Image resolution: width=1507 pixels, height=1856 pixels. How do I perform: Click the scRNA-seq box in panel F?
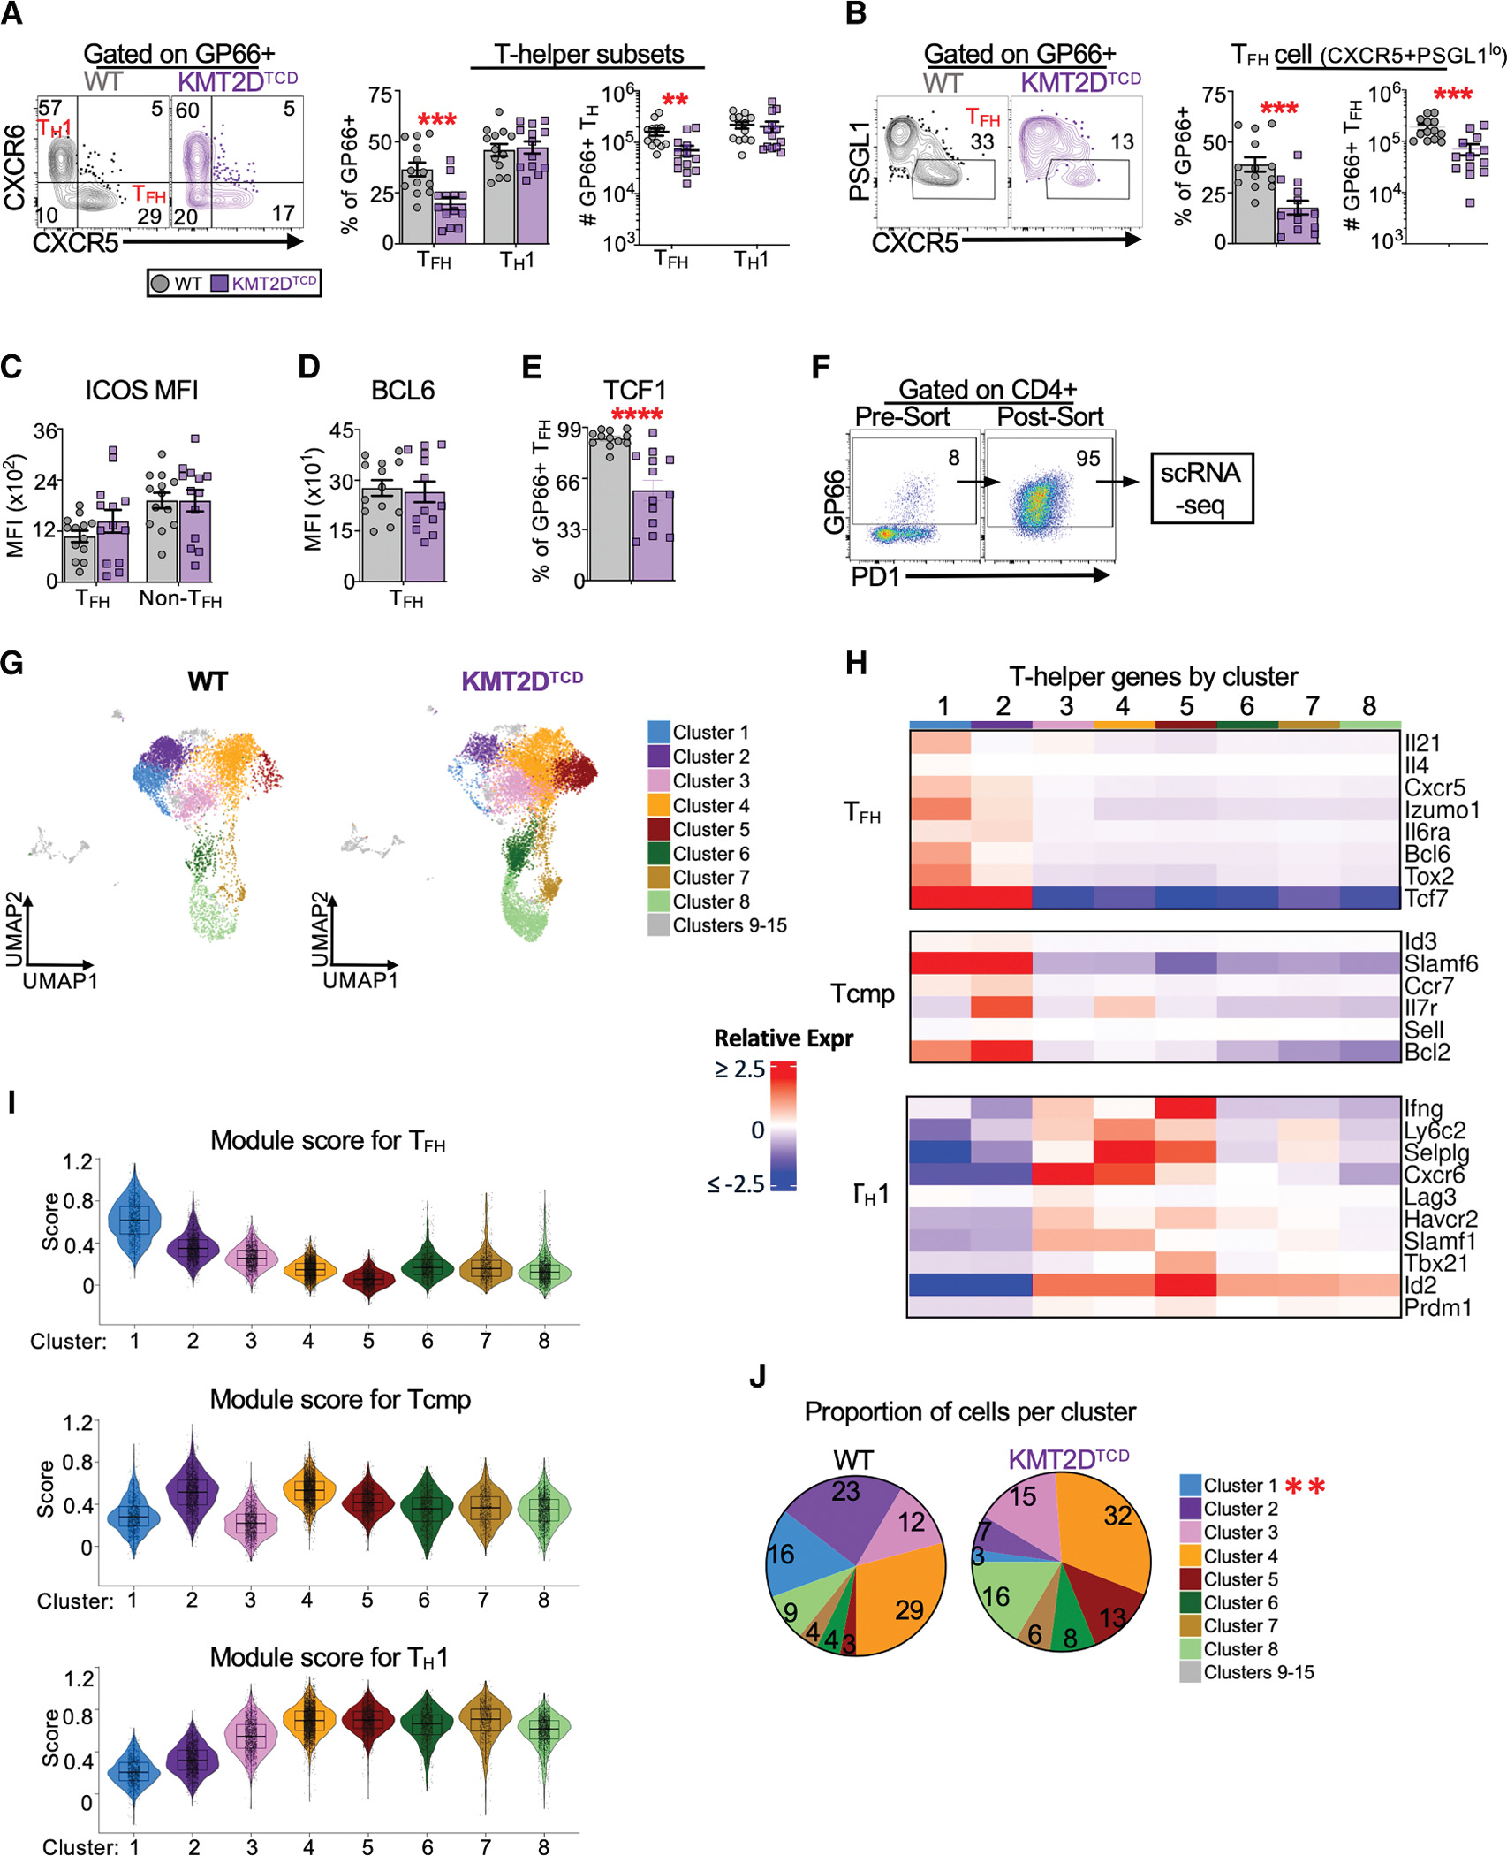1200,488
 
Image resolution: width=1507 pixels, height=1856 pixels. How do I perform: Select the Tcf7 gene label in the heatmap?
1426,898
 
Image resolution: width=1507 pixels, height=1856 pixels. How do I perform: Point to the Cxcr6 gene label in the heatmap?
1435,1175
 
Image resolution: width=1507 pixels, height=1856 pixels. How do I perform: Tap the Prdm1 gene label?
1438,1307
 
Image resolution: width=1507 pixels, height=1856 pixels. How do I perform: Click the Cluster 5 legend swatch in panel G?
658,829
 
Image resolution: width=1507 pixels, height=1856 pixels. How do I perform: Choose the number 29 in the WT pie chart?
909,1609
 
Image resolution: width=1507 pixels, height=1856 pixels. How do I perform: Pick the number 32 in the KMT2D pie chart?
1117,1516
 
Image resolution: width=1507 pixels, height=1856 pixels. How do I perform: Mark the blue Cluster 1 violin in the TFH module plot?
134,1220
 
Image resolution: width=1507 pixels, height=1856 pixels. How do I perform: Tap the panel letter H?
855,663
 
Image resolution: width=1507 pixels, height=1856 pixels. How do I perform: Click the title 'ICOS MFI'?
141,390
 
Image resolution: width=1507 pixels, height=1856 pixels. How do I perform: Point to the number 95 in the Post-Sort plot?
1087,458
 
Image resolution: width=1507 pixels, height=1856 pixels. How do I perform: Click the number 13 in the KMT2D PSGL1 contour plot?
1122,142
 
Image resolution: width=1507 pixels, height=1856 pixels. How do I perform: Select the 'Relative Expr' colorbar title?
783,1038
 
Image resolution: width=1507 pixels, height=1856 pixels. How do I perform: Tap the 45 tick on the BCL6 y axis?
341,430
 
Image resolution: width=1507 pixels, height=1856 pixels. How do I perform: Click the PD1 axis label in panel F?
875,576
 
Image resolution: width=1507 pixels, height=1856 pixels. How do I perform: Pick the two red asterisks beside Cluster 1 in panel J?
1305,1486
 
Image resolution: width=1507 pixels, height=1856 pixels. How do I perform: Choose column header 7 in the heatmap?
1312,705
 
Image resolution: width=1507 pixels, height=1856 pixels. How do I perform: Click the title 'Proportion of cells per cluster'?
969,1411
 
